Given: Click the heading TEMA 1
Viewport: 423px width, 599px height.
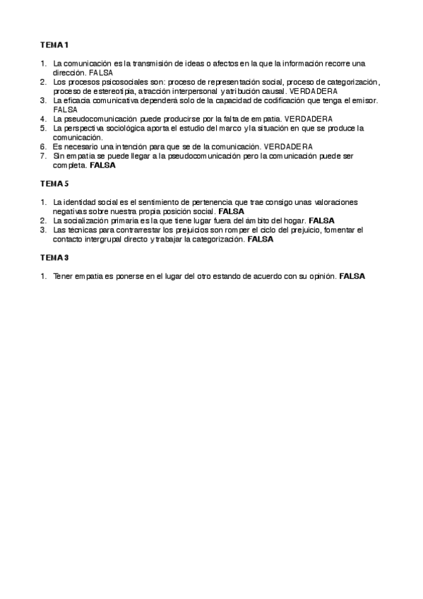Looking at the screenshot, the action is click(54, 45).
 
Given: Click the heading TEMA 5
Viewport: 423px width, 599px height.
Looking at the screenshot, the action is click(54, 184).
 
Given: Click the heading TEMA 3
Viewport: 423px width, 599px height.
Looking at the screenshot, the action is click(54, 257).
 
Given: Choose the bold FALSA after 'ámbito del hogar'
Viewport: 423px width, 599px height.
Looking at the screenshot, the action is click(321, 220).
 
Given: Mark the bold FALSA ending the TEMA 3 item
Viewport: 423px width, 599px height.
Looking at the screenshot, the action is click(352, 275).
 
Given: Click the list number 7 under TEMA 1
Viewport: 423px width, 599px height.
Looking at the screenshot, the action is click(43, 155).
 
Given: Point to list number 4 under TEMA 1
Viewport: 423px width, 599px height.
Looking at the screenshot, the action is click(43, 119).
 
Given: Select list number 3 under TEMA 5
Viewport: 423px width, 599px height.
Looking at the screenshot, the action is click(43, 230).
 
